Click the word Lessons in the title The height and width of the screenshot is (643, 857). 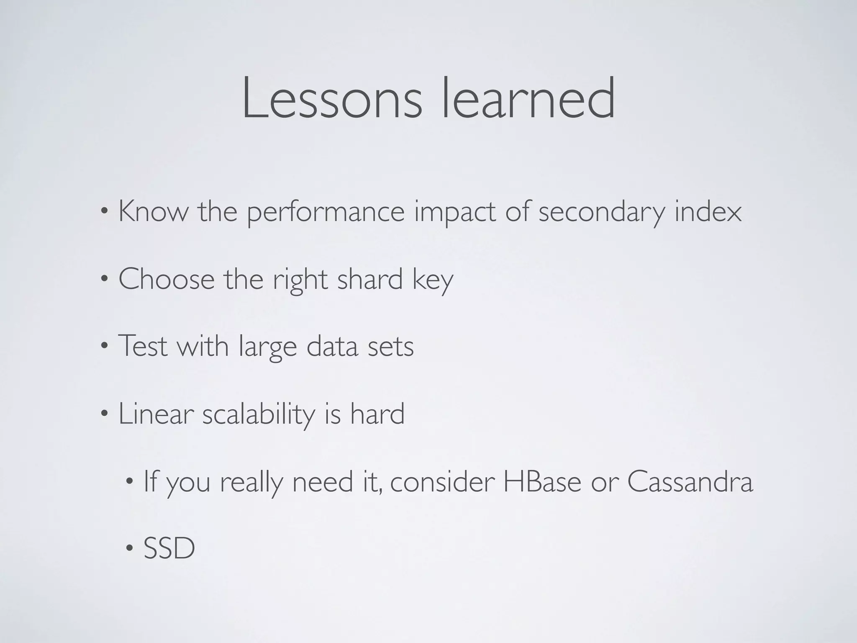click(x=332, y=98)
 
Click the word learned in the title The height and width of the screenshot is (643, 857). click(x=529, y=98)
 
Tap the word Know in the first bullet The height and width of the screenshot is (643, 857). click(x=154, y=211)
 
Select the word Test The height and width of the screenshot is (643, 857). click(x=143, y=347)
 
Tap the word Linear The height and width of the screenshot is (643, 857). click(x=156, y=414)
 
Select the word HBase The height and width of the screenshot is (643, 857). click(x=542, y=482)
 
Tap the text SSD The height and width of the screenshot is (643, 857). click(x=169, y=549)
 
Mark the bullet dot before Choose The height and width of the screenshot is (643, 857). click(x=105, y=279)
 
